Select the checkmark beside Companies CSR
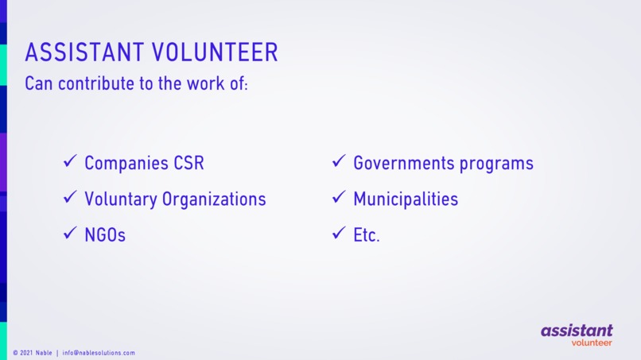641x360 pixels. point(70,162)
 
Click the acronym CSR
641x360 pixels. point(188,163)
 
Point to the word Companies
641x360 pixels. point(126,164)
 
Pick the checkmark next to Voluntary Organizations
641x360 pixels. point(70,198)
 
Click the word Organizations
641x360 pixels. point(214,199)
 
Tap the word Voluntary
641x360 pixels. point(120,199)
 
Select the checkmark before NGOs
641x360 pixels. point(70,234)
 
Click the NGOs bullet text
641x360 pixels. point(105,234)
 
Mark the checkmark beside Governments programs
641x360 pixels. point(339,162)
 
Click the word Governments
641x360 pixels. point(404,163)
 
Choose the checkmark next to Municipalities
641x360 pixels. point(339,198)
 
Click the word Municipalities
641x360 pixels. point(406,199)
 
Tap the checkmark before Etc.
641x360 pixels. point(339,234)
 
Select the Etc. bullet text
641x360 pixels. point(367,234)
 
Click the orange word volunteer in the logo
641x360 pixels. point(591,343)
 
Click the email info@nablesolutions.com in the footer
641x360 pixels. point(99,353)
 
